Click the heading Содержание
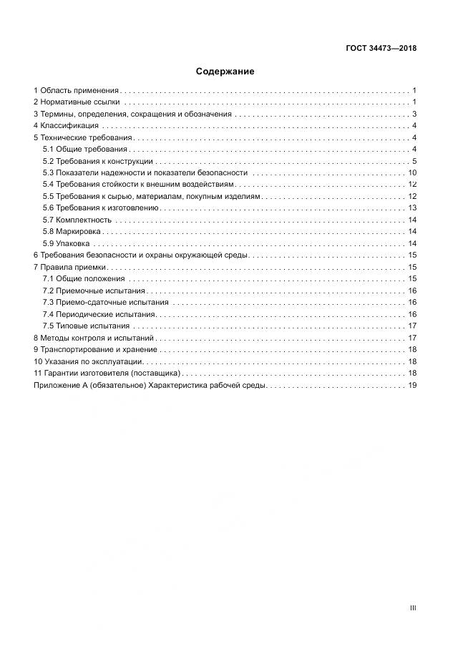[x=225, y=72]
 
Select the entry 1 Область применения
[x=77, y=91]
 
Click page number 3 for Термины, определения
[x=414, y=114]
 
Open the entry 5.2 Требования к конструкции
[x=97, y=161]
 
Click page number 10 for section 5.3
[x=412, y=172]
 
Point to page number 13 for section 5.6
[x=412, y=207]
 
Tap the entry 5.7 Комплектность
[x=77, y=220]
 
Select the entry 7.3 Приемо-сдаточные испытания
[x=106, y=302]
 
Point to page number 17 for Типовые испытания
[x=412, y=326]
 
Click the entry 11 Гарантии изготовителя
[x=107, y=373]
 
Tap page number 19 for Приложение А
[x=412, y=385]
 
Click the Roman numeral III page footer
[x=413, y=607]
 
